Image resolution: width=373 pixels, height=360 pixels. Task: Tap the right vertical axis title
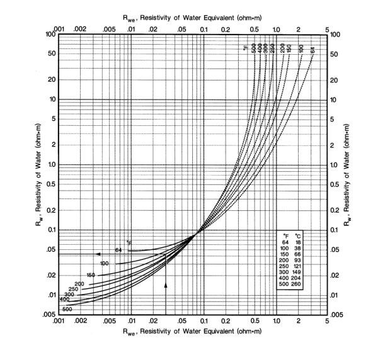tap(355, 174)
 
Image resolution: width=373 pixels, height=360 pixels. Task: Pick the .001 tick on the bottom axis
tap(59, 321)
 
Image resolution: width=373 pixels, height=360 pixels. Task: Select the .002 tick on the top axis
tap(80, 28)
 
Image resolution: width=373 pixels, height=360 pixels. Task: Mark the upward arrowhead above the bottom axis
tap(166, 286)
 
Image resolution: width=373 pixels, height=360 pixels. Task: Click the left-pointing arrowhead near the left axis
tap(98, 254)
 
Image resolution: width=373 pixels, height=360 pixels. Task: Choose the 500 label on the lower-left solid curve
tap(67, 309)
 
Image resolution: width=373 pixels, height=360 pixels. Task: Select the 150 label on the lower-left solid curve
tap(91, 276)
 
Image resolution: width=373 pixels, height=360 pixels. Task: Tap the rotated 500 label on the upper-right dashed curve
tap(253, 48)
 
